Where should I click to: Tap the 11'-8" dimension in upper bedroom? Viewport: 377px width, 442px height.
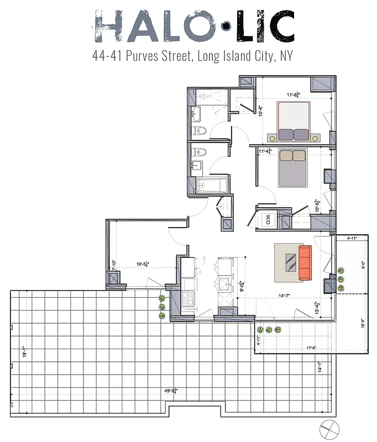292,95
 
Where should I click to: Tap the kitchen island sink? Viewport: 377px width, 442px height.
225,285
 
